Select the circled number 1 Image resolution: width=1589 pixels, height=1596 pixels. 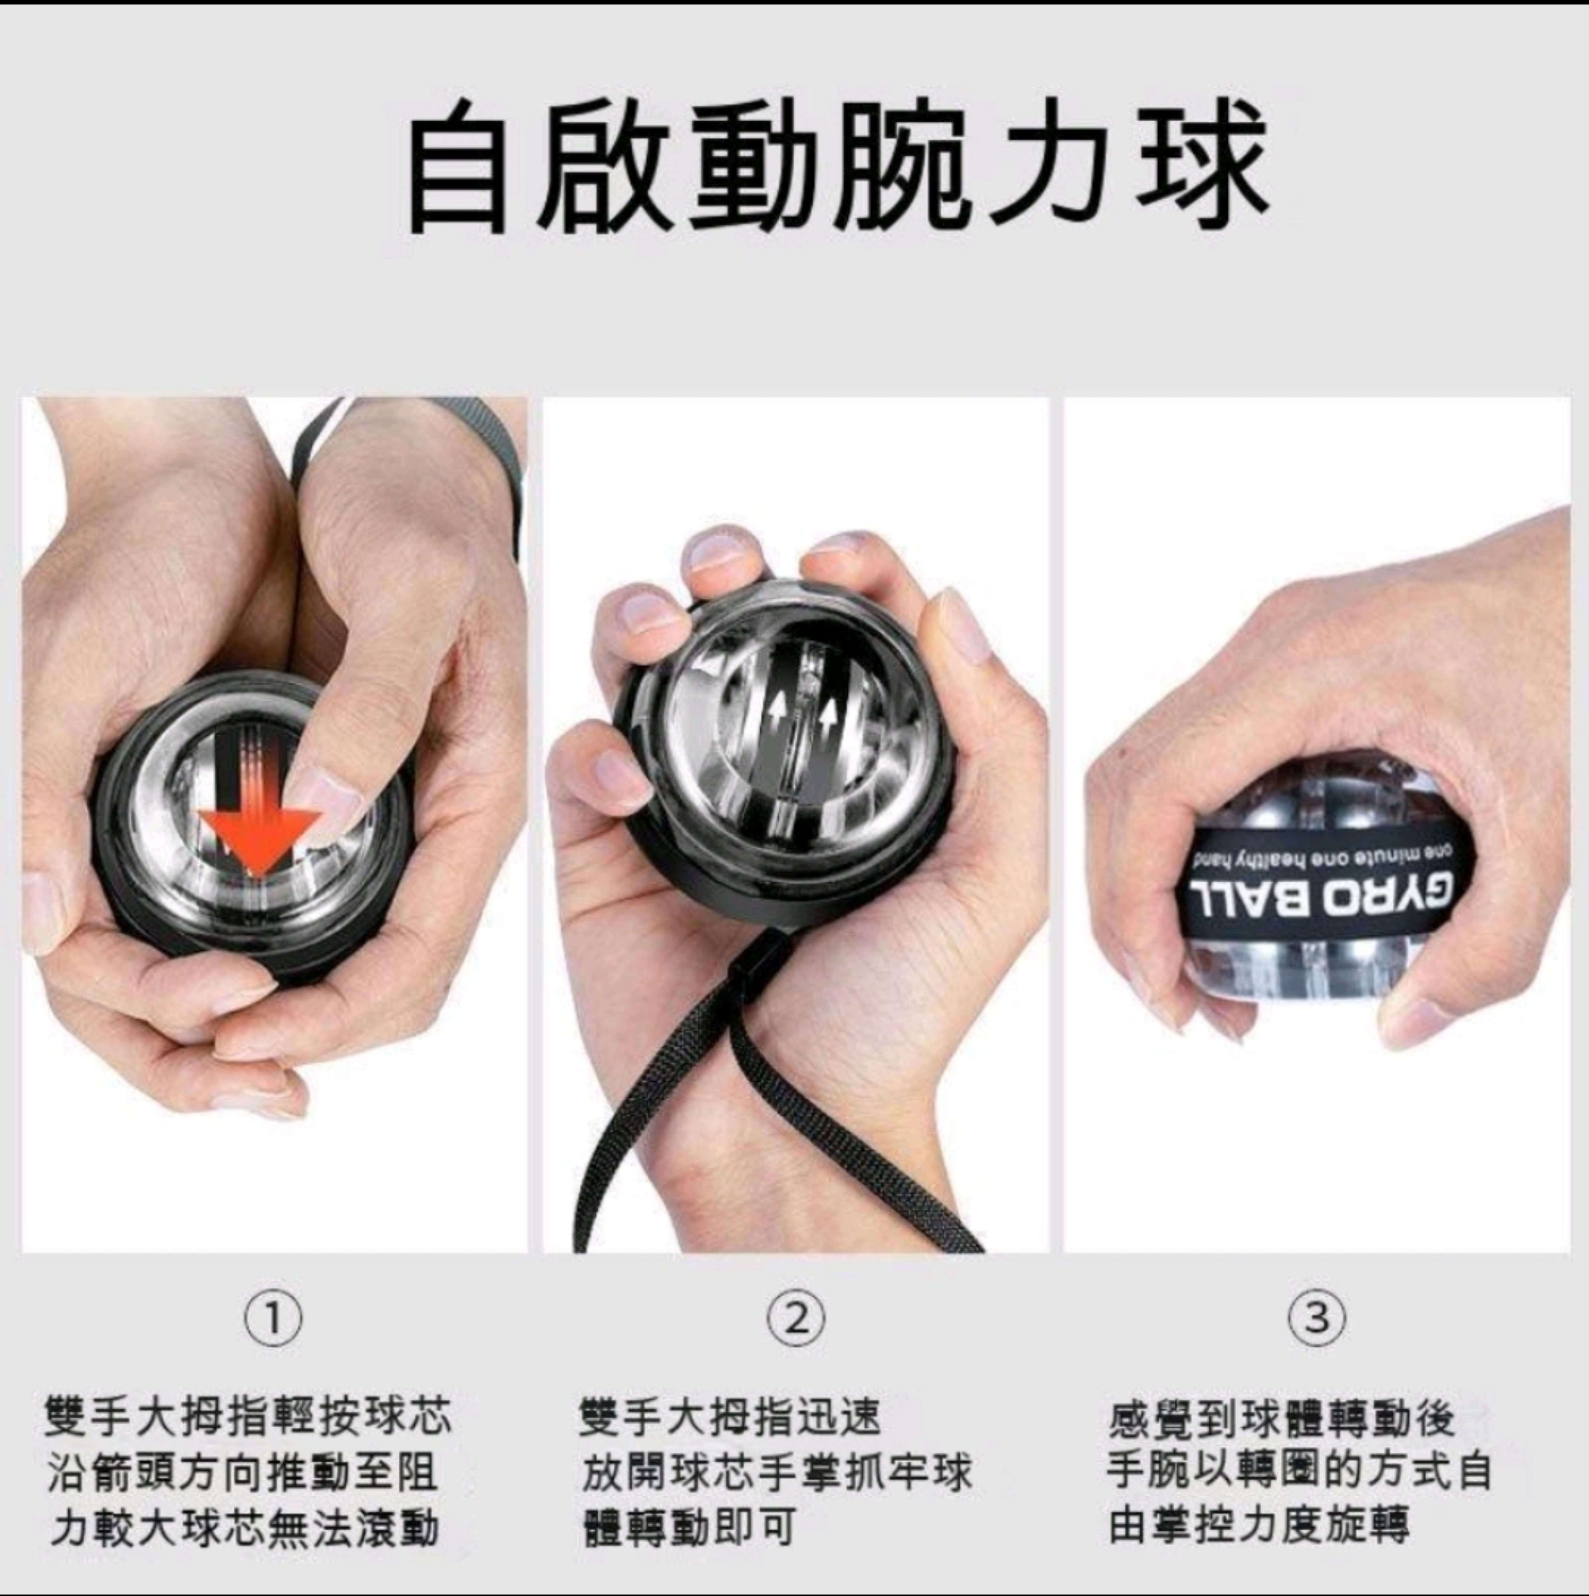tap(273, 1319)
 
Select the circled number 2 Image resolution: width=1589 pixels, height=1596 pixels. tap(796, 1319)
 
